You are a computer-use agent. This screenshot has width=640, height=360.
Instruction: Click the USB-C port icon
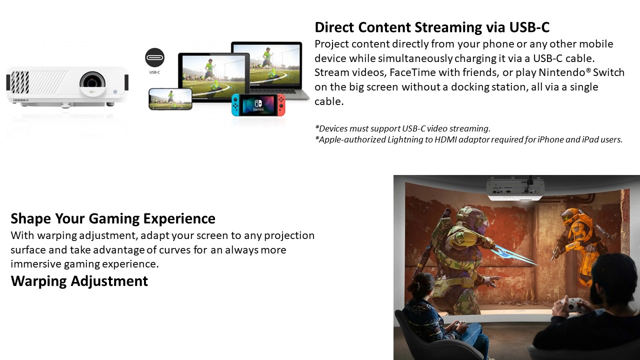pyautogui.click(x=154, y=57)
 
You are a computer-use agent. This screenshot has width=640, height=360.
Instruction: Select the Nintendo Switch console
pyautogui.click(x=258, y=105)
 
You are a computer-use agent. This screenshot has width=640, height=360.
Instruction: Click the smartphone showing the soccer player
pyautogui.click(x=170, y=99)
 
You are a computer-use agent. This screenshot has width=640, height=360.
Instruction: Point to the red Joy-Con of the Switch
pyautogui.click(x=281, y=105)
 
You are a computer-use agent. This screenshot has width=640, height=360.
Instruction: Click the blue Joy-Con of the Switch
pyautogui.click(x=235, y=105)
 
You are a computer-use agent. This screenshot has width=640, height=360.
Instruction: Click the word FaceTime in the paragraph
pyautogui.click(x=412, y=72)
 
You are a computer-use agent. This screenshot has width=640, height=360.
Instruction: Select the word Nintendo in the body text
pyautogui.click(x=561, y=72)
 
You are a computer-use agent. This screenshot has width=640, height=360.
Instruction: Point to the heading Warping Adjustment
pyautogui.click(x=79, y=281)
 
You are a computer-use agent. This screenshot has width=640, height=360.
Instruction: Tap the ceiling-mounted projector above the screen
pyautogui.click(x=515, y=189)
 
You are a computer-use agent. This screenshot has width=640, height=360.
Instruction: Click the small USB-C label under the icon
pyautogui.click(x=154, y=72)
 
